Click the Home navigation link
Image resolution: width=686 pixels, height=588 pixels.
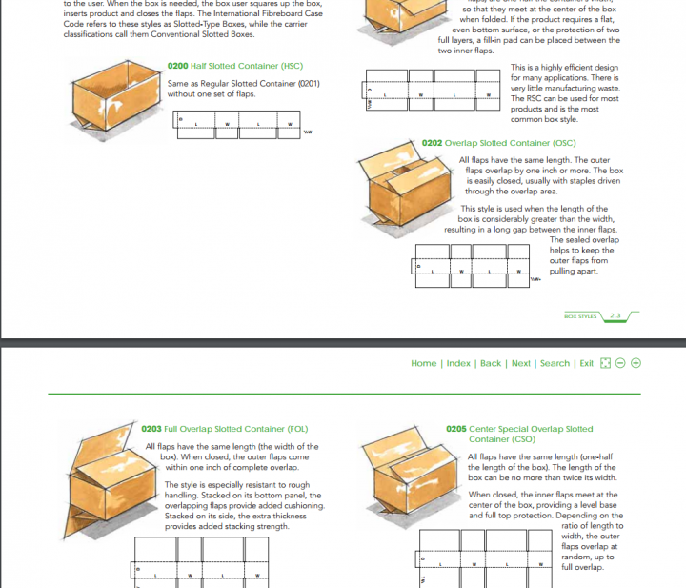pos(423,363)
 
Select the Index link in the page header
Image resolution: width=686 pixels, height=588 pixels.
pos(458,363)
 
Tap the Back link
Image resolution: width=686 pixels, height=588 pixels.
pos(491,363)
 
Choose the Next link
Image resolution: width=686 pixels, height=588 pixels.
pos(521,363)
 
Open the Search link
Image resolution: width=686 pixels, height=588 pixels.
pos(555,363)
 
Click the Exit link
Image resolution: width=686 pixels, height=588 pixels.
pos(587,363)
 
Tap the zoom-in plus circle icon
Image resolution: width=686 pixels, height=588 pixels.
pos(636,363)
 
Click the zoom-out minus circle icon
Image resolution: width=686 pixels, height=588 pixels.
pos(620,363)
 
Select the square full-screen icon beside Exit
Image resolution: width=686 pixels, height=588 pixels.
pos(605,363)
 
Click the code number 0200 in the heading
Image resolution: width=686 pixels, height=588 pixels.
pos(177,66)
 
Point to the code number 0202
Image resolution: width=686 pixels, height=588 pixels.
pos(432,143)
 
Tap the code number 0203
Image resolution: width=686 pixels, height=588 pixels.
pos(151,429)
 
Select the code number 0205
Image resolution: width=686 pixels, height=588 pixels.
pos(456,429)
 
